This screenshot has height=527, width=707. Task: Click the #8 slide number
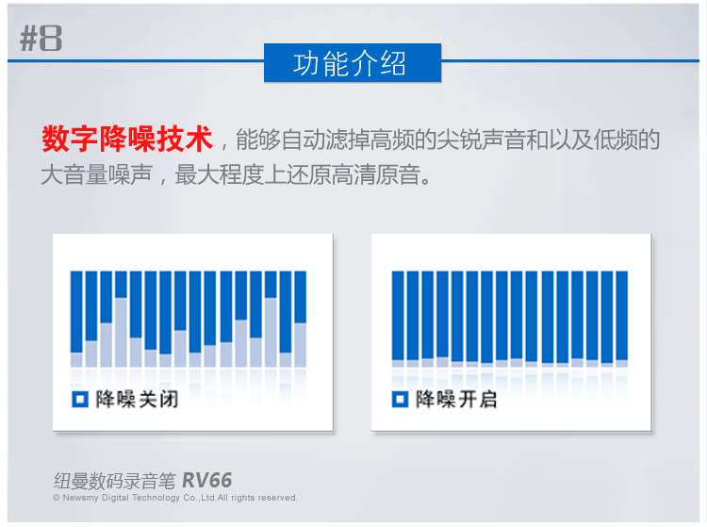[41, 39]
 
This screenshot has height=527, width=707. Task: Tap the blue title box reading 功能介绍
[353, 62]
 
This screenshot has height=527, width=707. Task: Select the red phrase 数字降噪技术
[126, 139]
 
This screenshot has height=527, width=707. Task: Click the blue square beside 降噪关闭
[80, 399]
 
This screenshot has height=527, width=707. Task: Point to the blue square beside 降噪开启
[400, 399]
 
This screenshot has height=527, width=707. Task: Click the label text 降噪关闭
[137, 399]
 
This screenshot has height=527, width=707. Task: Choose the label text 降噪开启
[456, 399]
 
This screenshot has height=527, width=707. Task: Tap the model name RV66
[207, 481]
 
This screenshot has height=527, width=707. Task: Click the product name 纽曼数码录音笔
[114, 481]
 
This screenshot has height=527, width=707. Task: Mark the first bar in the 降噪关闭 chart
[76, 320]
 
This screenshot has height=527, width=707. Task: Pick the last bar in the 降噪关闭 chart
[301, 320]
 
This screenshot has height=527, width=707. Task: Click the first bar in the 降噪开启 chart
[398, 320]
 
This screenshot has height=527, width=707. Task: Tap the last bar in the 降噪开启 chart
[622, 320]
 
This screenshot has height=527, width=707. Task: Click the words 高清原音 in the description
[376, 175]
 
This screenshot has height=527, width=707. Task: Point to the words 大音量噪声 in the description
[96, 175]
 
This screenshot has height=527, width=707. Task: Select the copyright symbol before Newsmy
[57, 498]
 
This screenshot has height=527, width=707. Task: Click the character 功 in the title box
[307, 63]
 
